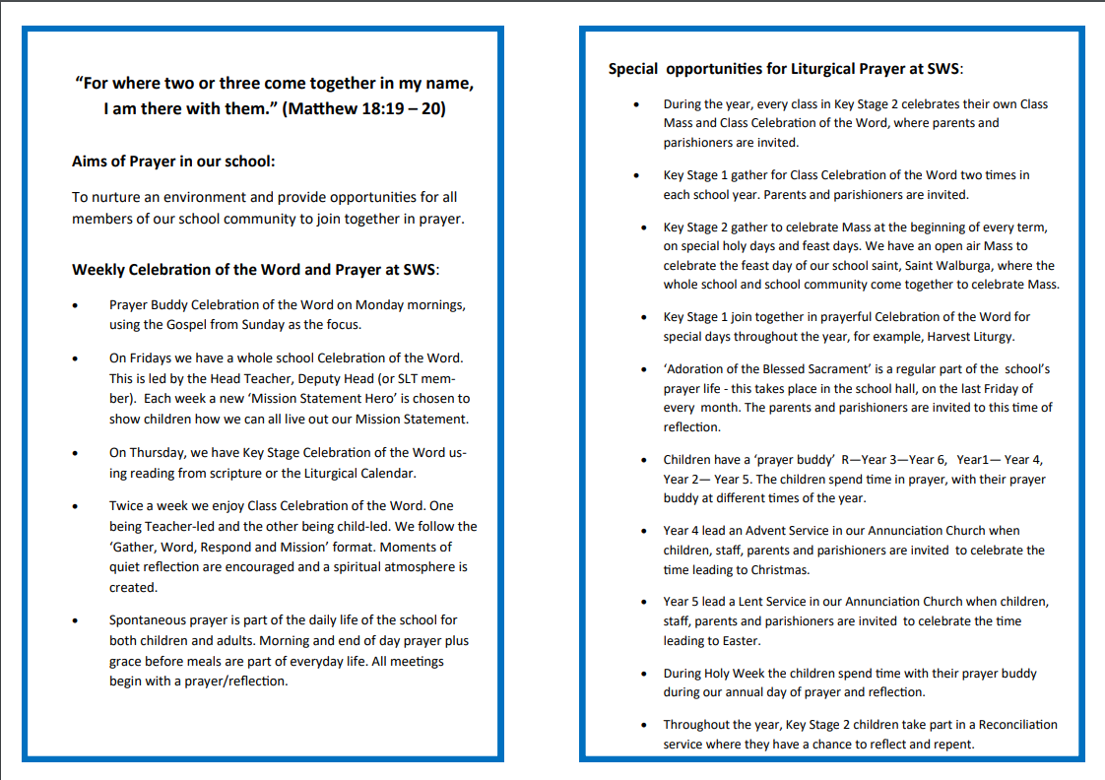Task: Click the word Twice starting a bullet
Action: (127, 505)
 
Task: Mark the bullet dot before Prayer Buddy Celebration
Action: (76, 305)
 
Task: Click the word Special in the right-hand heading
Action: (633, 69)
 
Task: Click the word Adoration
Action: (701, 369)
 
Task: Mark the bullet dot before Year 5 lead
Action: (641, 602)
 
